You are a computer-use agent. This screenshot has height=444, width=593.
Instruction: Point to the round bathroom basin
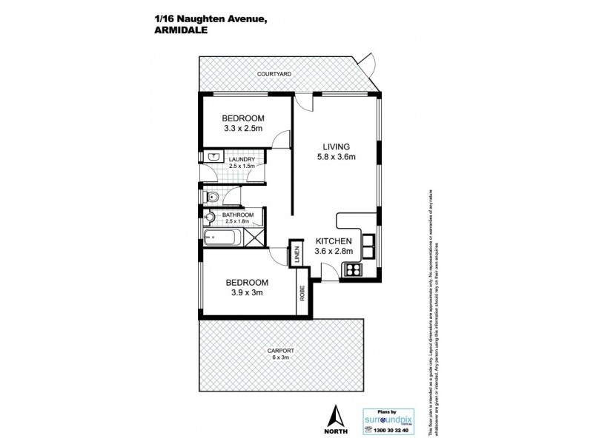click(x=209, y=218)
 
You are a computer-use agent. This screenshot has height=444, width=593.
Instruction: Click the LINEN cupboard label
click(x=296, y=255)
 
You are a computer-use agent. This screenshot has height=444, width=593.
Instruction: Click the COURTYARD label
click(x=274, y=75)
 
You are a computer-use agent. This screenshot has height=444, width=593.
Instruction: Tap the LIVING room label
click(x=336, y=146)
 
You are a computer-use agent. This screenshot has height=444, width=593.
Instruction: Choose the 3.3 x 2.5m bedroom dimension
click(x=244, y=128)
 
